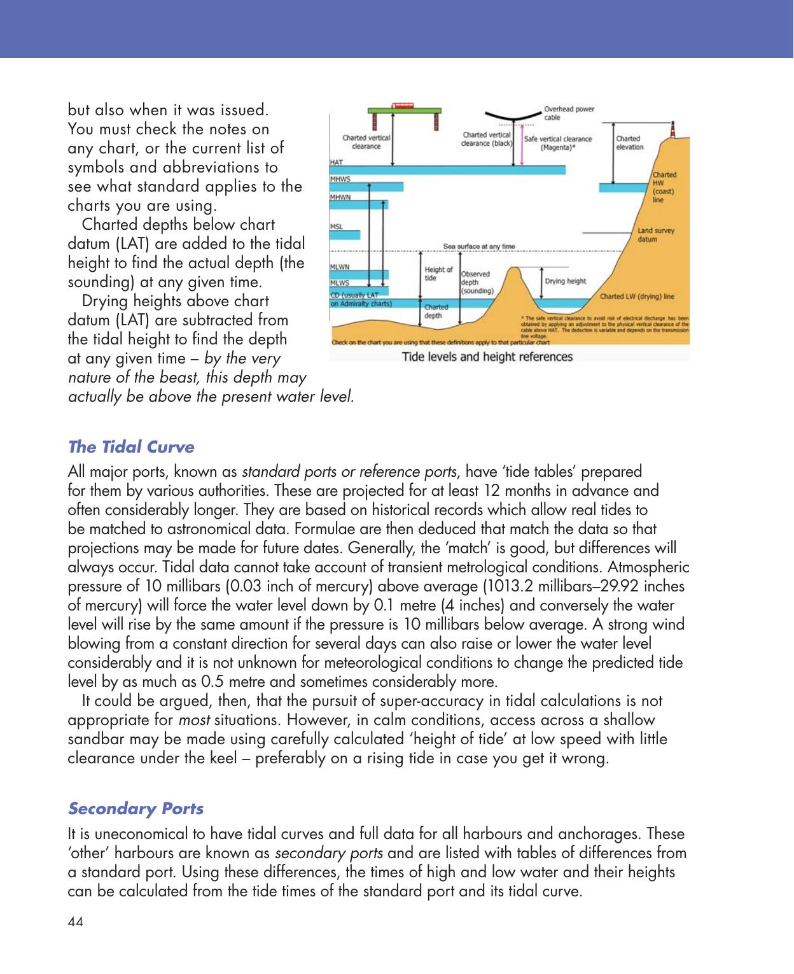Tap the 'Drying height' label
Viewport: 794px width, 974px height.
tap(566, 281)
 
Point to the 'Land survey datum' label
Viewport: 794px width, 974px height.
tap(656, 235)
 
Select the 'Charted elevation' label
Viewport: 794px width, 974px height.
tap(629, 143)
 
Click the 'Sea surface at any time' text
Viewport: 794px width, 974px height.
tap(479, 246)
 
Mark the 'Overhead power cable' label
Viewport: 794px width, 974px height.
tap(569, 113)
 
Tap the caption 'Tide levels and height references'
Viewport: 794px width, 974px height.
tap(487, 356)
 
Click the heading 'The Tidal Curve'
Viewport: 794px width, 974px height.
tap(130, 447)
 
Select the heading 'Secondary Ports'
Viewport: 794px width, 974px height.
tap(136, 808)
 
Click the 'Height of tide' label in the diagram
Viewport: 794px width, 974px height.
tap(438, 274)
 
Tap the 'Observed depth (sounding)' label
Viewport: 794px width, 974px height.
tap(477, 282)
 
